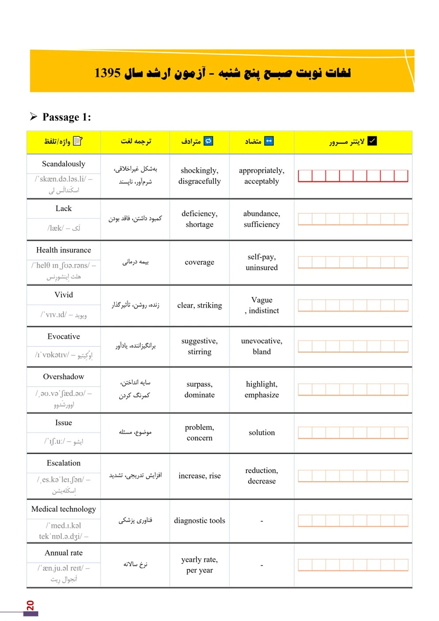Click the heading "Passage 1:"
[66, 117]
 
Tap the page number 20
[30, 605]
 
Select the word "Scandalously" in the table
[64, 164]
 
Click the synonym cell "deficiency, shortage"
[200, 219]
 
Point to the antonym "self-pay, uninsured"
[261, 262]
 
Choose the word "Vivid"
[64, 295]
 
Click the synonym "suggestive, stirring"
[200, 346]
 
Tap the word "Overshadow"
[64, 376]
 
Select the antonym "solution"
[261, 433]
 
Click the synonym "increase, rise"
[200, 476]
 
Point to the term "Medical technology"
[64, 509]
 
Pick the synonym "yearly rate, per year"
[200, 565]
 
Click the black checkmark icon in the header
[372, 141]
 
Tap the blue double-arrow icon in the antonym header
[269, 141]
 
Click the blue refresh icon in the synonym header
[208, 141]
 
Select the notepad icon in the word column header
[78, 141]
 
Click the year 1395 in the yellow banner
[107, 73]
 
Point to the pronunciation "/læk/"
[56, 228]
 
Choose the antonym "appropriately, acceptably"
[261, 176]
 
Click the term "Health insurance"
[64, 250]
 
